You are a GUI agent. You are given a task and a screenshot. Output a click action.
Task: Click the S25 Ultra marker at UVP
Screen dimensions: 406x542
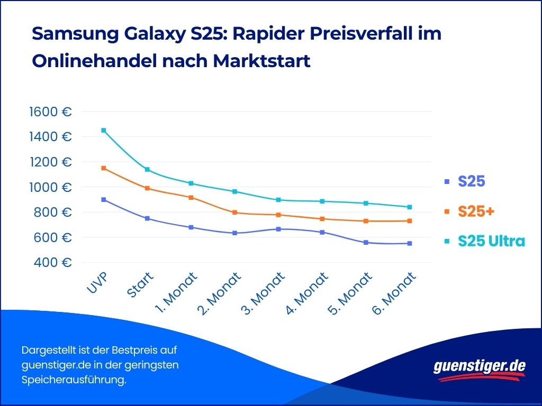click(x=104, y=130)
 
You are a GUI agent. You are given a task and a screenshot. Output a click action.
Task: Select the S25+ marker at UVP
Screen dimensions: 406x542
click(x=104, y=168)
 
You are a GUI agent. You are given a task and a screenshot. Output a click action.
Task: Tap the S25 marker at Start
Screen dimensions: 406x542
click(x=147, y=218)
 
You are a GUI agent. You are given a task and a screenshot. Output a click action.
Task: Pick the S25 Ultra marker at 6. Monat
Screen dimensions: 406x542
click(x=409, y=207)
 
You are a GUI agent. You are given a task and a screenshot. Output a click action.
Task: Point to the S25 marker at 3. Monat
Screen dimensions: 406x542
click(x=278, y=229)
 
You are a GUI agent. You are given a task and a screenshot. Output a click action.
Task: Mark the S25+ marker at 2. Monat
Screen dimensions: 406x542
click(x=234, y=213)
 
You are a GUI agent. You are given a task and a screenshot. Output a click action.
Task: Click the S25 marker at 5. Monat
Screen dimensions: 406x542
click(x=366, y=243)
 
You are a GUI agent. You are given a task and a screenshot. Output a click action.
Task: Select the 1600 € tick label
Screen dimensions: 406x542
click(x=50, y=112)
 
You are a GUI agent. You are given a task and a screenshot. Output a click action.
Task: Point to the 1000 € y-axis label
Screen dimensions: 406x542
click(x=50, y=188)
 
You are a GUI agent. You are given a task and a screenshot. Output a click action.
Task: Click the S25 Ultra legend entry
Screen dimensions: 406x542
click(x=492, y=241)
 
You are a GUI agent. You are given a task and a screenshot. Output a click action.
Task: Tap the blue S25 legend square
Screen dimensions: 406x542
click(x=447, y=182)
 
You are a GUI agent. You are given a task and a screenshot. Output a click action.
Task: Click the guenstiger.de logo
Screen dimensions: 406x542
click(x=480, y=367)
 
